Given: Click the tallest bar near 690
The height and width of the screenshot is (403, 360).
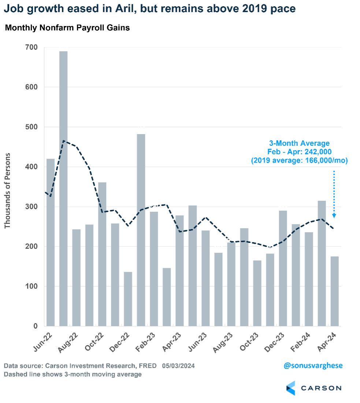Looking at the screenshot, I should (x=63, y=189).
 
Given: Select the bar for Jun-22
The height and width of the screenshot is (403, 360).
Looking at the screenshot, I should (x=51, y=242).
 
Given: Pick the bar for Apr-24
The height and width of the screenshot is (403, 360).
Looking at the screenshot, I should (x=335, y=291).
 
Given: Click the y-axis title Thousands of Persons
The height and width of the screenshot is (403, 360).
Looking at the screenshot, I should (x=8, y=191).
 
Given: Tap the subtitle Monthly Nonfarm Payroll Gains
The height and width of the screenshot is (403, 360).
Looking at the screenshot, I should (x=67, y=28).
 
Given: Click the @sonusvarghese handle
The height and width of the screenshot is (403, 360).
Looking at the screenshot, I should (x=313, y=366).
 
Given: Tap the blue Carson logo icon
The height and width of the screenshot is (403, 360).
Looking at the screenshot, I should (x=290, y=388).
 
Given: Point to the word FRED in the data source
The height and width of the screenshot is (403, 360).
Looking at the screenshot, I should (x=148, y=366).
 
